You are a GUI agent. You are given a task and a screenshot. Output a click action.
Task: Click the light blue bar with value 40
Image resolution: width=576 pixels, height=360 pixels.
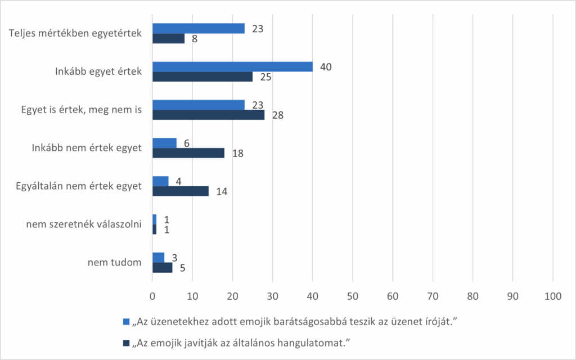coord(232,66)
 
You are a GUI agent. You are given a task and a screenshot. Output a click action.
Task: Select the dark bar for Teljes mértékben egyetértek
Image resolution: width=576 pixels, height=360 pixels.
coord(168,38)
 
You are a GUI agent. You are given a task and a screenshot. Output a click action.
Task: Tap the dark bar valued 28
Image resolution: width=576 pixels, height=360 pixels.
coord(208,115)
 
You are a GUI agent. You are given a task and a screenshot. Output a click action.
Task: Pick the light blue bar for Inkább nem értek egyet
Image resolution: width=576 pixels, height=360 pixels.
coord(164,143)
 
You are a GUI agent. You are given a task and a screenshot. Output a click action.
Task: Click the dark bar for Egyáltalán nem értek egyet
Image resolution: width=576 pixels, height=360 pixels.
coord(180,191)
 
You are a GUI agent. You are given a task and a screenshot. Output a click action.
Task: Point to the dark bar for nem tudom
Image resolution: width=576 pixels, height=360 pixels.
coord(162,267)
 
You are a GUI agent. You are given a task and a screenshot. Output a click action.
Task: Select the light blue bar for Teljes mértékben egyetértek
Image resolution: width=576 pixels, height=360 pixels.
coord(198,28)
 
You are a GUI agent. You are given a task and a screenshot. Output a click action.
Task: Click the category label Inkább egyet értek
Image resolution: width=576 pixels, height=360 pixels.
coord(98,71)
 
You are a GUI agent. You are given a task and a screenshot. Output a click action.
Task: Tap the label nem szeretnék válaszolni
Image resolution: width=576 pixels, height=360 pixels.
coord(83,224)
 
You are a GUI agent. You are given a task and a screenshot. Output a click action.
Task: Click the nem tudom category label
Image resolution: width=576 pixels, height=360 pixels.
coord(114,263)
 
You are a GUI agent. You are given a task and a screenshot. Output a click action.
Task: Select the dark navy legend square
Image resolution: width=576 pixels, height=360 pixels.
coord(126,341)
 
